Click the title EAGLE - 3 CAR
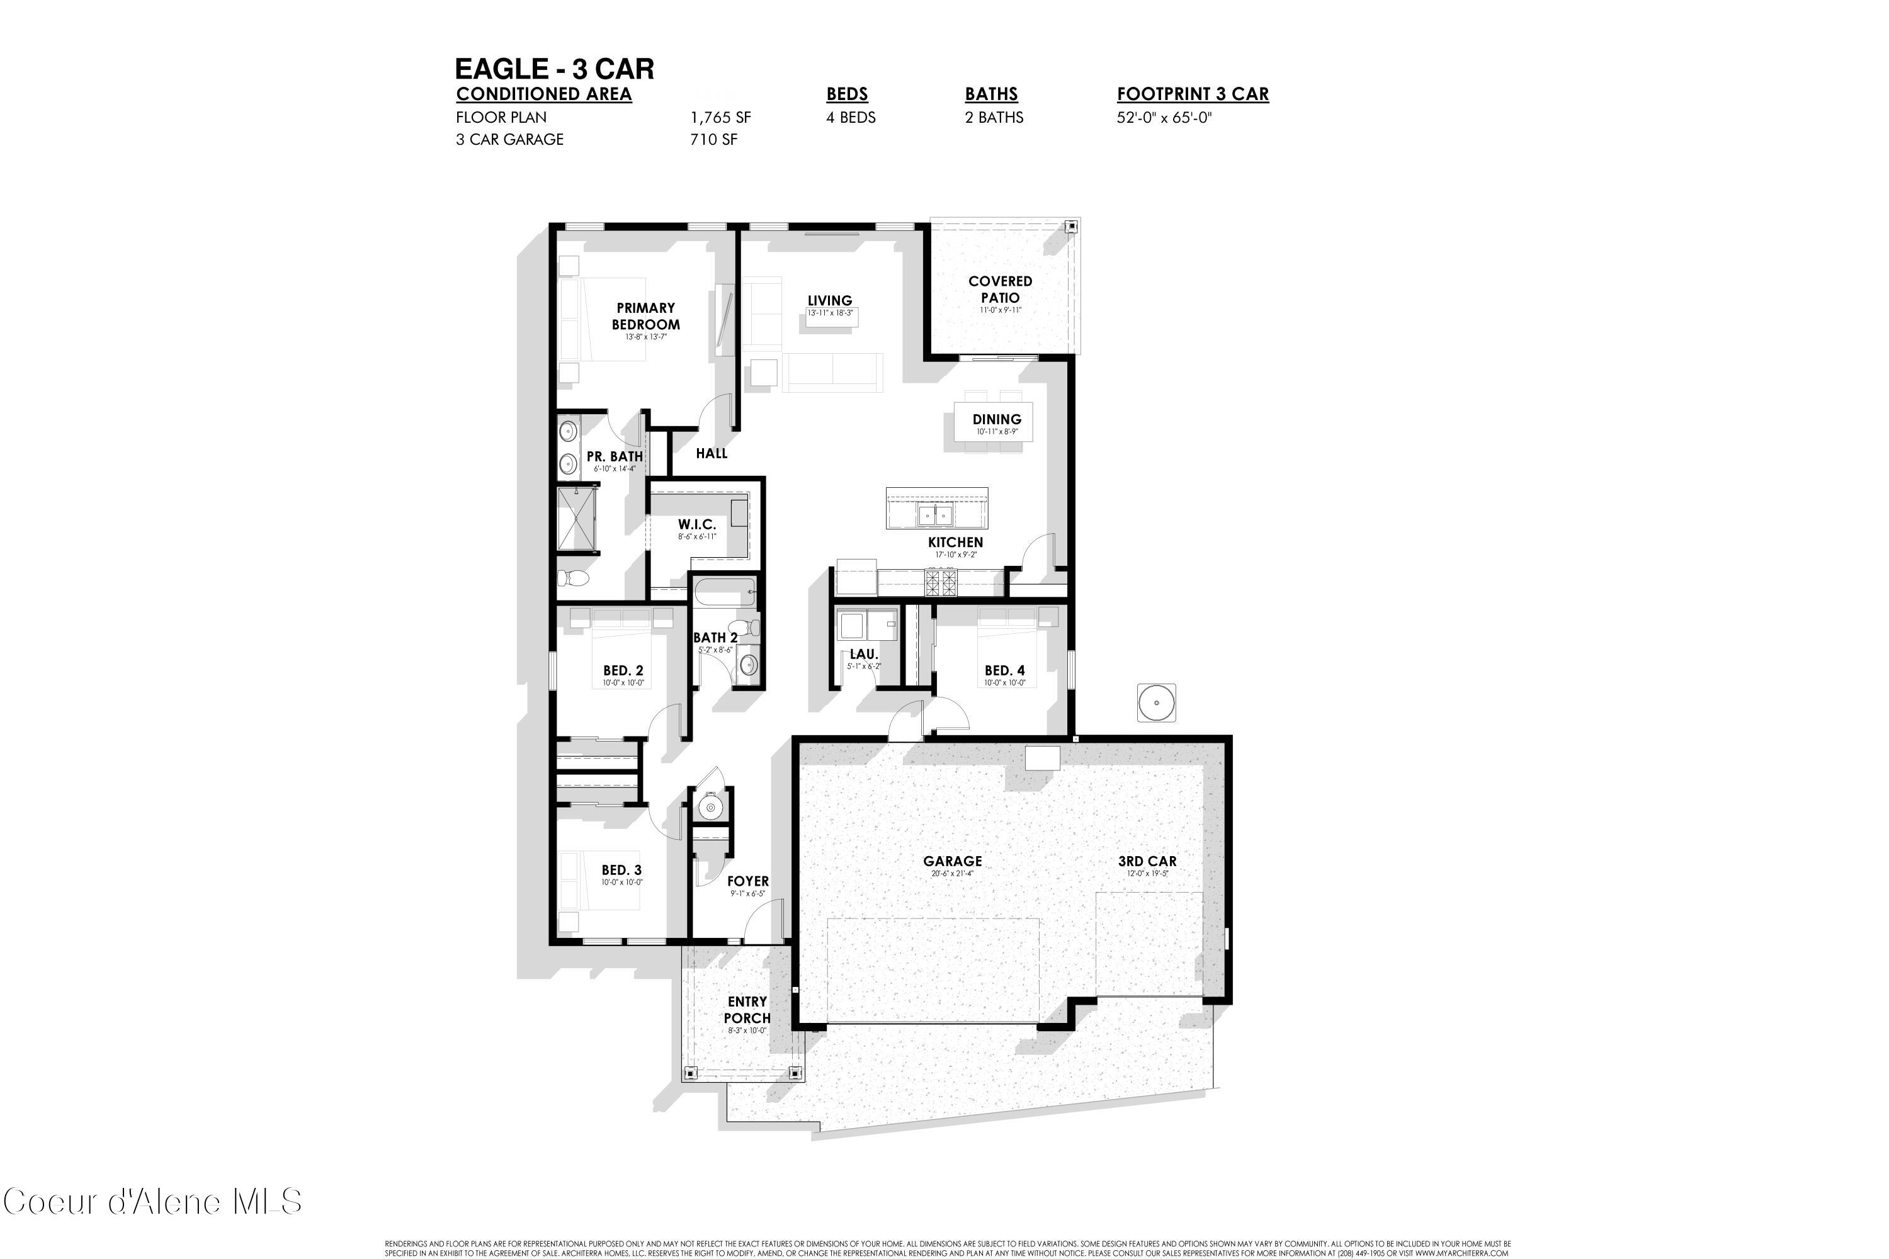[x=554, y=69]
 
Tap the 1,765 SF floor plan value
[x=720, y=117]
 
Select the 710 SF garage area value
[x=713, y=140]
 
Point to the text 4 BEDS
[x=851, y=117]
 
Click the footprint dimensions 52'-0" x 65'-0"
[x=1164, y=117]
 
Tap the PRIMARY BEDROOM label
[x=646, y=317]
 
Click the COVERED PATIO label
[x=1000, y=289]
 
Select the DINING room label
[x=997, y=419]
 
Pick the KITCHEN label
[x=955, y=542]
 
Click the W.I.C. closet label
[x=696, y=524]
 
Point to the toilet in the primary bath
[x=574, y=578]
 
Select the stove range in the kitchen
[x=941, y=581]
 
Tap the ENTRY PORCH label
[x=747, y=1009]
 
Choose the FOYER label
[x=748, y=881]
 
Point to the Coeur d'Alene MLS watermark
[x=152, y=1202]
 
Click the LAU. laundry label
[x=863, y=655]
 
